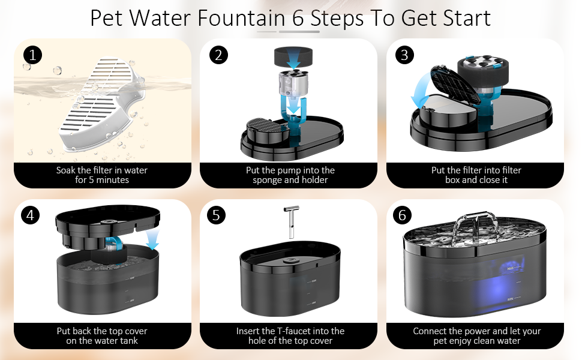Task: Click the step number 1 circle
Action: click(32, 55)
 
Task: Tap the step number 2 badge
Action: click(218, 55)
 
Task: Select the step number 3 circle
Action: click(404, 55)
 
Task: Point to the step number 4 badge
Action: click(31, 215)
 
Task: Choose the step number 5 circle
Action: click(217, 215)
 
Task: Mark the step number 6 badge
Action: click(403, 215)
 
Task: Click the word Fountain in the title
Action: click(241, 18)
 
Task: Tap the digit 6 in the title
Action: click(298, 18)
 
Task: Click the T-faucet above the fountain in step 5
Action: click(292, 221)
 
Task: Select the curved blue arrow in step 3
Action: click(419, 91)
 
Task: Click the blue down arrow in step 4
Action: click(152, 239)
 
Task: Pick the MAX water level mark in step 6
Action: click(511, 268)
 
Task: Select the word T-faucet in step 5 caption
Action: click(295, 331)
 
